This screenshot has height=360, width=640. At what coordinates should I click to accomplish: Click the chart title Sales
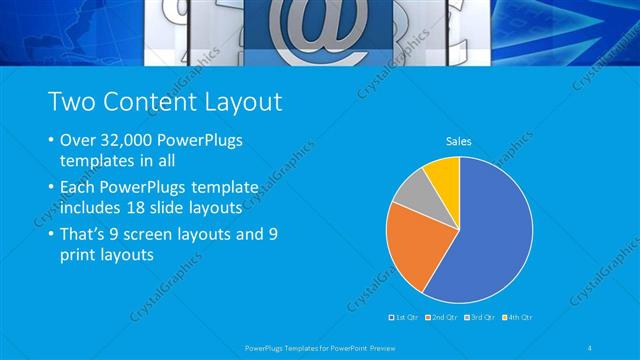459,142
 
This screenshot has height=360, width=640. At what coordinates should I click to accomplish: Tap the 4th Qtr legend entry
519,316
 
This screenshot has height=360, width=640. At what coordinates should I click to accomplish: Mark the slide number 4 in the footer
591,348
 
